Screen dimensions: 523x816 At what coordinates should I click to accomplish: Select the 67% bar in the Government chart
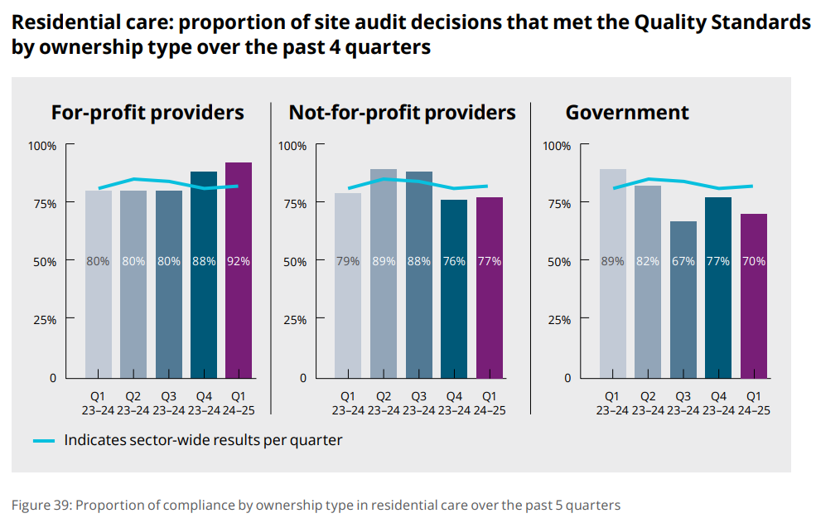coord(683,299)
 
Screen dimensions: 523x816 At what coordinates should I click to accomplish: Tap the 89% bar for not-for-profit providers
coord(384,274)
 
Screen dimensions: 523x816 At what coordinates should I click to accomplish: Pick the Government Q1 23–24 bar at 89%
coord(613,274)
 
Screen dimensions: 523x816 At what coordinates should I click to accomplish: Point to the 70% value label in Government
coord(754,261)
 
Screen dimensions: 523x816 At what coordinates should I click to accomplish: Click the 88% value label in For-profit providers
coord(203,261)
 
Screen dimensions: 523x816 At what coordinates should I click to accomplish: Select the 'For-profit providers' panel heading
coord(147,113)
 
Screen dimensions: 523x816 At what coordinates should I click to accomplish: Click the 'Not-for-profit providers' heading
coord(402,113)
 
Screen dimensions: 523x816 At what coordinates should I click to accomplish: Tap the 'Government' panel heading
coord(627,113)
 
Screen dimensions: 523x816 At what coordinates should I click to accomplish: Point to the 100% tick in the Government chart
coord(556,146)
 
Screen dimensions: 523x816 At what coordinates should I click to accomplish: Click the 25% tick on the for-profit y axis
coord(43,320)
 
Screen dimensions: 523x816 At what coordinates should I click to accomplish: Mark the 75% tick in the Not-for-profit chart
coord(292,204)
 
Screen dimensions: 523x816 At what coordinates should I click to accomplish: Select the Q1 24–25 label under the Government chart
coord(753,403)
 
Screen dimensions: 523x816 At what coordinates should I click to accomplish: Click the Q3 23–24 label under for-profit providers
coord(168,403)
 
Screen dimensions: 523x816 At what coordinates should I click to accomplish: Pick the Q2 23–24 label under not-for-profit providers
coord(384,403)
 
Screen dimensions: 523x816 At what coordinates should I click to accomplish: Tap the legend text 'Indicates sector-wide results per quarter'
coord(203,440)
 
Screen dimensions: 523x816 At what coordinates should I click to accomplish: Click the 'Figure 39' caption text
coord(315,505)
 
